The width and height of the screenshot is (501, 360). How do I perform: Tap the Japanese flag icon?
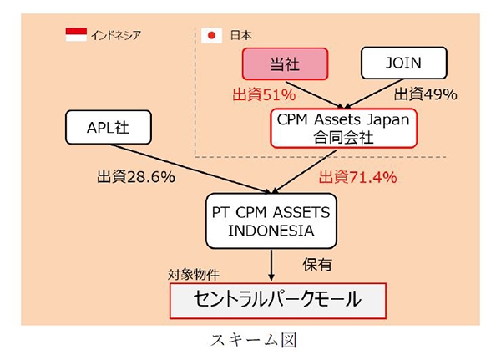click(211, 35)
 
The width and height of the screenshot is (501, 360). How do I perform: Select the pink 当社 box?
click(285, 64)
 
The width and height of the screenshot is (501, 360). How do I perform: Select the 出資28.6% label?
click(133, 177)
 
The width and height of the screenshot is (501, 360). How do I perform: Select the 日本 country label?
click(239, 35)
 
